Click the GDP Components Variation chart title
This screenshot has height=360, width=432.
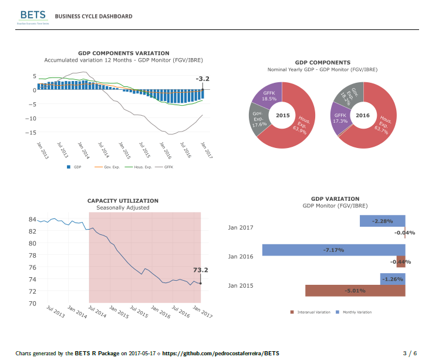[123, 53]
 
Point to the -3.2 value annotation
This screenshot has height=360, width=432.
[202, 78]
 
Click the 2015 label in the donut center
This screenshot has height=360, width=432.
[283, 115]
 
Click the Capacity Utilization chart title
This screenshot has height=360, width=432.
[123, 201]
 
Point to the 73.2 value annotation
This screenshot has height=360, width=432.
[201, 270]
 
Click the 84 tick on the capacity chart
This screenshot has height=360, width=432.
[32, 220]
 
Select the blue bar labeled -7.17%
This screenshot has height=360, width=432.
[333, 250]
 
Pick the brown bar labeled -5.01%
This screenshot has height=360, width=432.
[355, 290]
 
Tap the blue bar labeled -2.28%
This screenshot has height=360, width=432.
[382, 221]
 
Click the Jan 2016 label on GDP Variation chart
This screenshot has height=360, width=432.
[241, 256]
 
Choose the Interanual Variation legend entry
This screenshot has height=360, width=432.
[310, 312]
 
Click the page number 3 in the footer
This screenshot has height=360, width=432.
[404, 353]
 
